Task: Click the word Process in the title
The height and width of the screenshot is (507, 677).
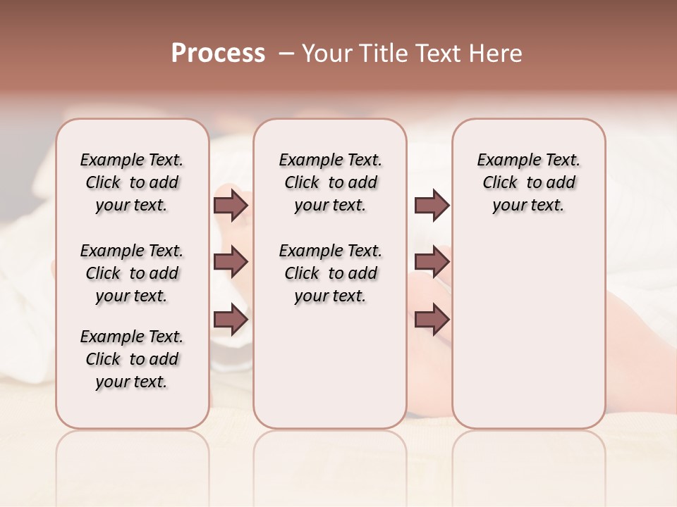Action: [218, 54]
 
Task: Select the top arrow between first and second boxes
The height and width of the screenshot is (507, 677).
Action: [231, 205]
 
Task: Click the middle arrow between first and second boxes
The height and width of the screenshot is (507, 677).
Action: [231, 263]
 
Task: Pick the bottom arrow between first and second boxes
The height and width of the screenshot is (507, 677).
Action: [231, 319]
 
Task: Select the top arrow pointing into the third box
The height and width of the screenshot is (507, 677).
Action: [432, 205]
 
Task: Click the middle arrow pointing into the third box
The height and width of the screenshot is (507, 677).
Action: [432, 263]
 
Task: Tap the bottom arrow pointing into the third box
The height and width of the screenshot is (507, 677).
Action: [432, 319]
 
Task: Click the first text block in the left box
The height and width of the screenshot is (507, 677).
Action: [132, 182]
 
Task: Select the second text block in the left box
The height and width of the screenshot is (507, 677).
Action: [132, 273]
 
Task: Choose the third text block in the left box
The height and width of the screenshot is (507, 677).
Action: [132, 359]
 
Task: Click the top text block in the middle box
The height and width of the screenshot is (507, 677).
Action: [331, 182]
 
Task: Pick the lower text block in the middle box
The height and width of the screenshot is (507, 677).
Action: [331, 273]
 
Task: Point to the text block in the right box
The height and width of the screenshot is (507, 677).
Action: [529, 182]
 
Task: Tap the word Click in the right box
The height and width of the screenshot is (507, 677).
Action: [500, 183]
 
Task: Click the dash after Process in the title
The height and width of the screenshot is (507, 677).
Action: [286, 54]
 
